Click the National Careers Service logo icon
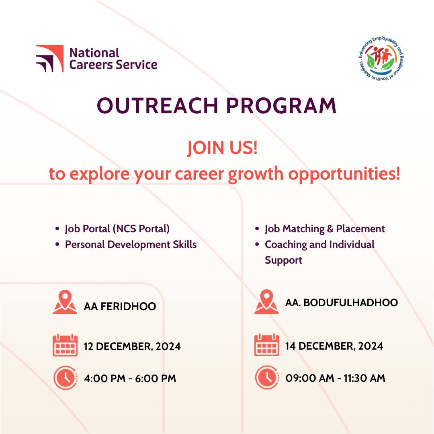pyautogui.click(x=49, y=59)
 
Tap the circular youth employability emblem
pyautogui.click(x=380, y=59)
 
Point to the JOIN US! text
pyautogui.click(x=222, y=148)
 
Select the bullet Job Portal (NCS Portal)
pyautogui.click(x=117, y=229)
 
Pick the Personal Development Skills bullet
pyautogui.click(x=131, y=244)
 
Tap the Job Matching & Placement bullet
pyautogui.click(x=325, y=229)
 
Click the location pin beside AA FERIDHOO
pyautogui.click(x=65, y=303)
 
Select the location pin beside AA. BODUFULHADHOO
pyautogui.click(x=266, y=302)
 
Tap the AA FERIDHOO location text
pyautogui.click(x=120, y=307)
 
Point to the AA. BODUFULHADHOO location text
pyautogui.click(x=341, y=303)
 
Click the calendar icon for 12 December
pyautogui.click(x=65, y=345)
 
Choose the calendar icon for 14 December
pyautogui.click(x=266, y=345)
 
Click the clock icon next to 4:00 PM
pyautogui.click(x=65, y=378)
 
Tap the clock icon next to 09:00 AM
pyautogui.click(x=266, y=378)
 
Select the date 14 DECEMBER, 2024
pyautogui.click(x=334, y=346)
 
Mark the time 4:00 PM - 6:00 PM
pyautogui.click(x=130, y=379)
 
